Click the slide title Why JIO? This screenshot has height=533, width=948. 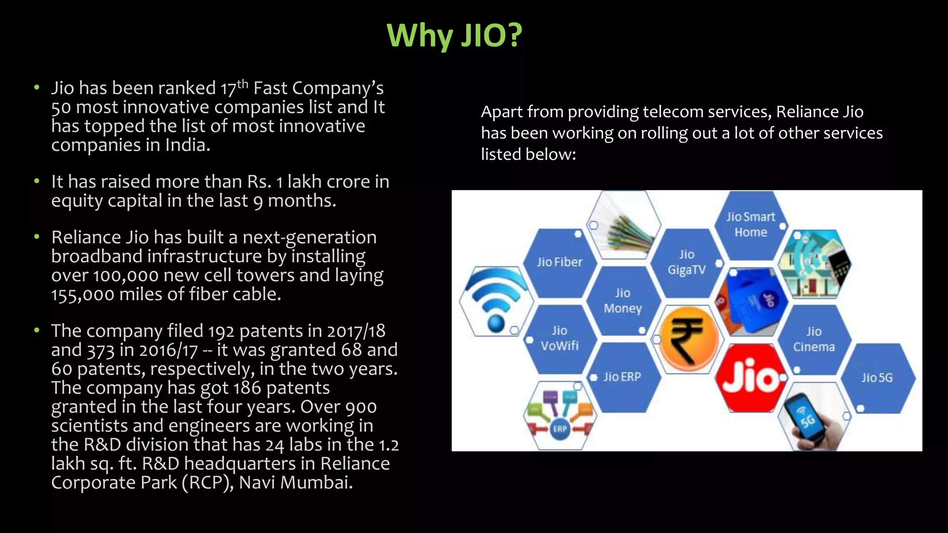[x=454, y=36]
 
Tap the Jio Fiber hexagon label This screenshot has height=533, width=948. [x=559, y=262]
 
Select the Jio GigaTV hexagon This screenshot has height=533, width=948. [x=686, y=262]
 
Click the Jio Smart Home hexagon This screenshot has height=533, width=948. [x=750, y=225]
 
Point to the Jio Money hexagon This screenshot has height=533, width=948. [x=623, y=301]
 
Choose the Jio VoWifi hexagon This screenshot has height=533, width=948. [x=559, y=338]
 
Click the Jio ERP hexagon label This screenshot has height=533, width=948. [x=622, y=377]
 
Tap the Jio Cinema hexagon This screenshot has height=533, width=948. [x=813, y=339]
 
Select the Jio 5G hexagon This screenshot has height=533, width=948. [x=876, y=378]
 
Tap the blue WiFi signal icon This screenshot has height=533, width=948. [x=496, y=301]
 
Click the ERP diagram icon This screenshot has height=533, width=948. [x=560, y=415]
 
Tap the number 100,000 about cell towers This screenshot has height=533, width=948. [x=125, y=276]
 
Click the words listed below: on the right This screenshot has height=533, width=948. [x=528, y=154]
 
